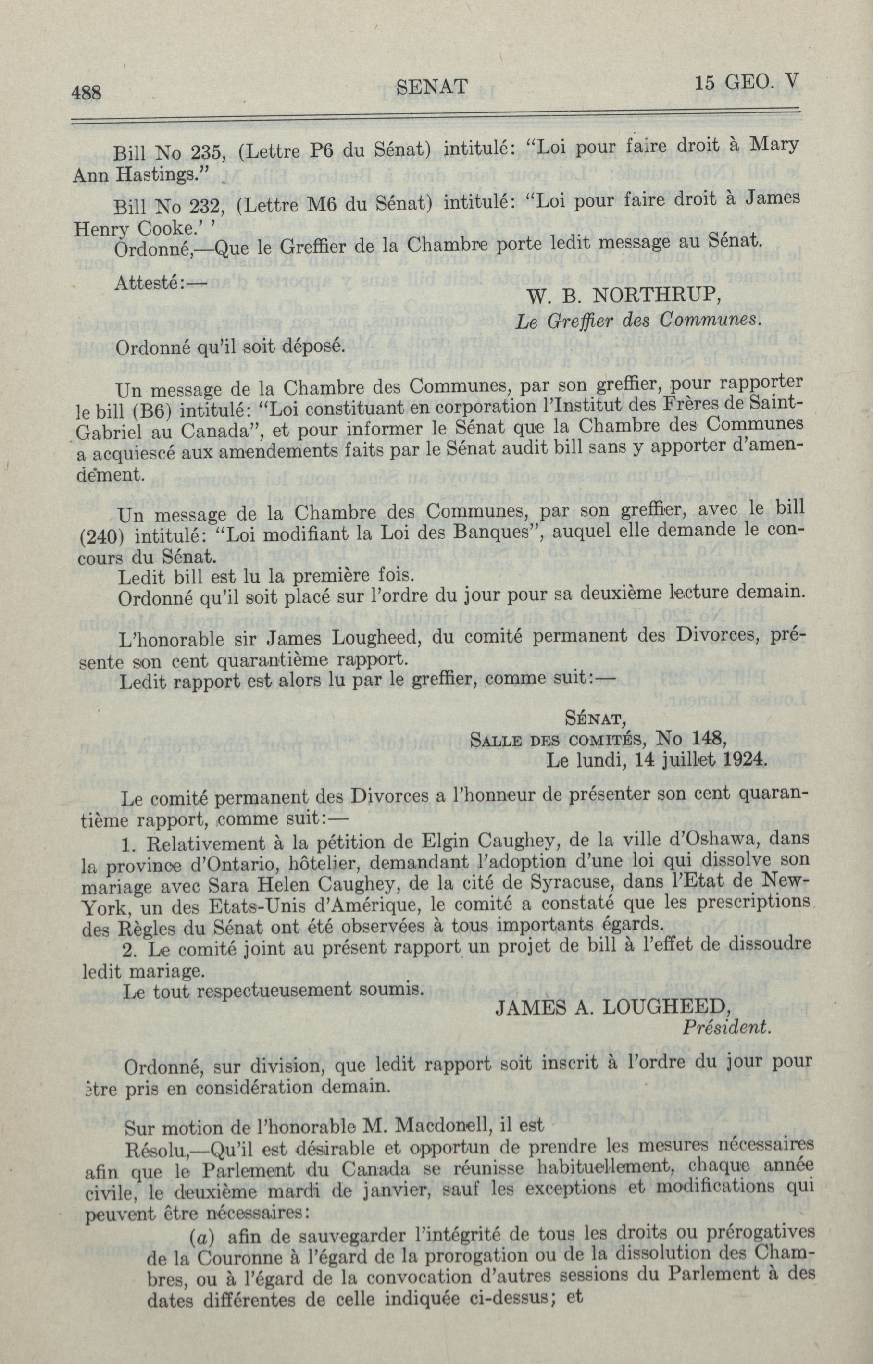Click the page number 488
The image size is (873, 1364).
click(x=86, y=91)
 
